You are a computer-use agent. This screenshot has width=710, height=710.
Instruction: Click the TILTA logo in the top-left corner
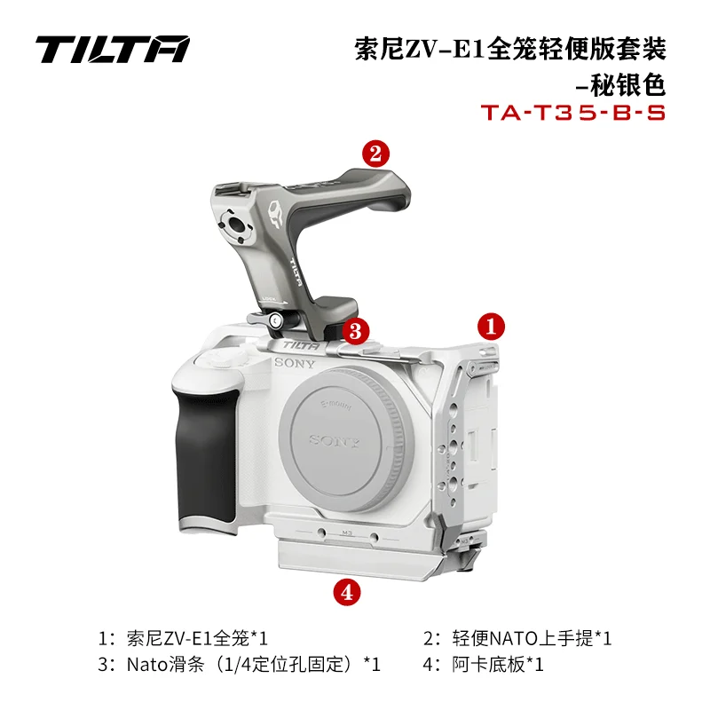(x=112, y=49)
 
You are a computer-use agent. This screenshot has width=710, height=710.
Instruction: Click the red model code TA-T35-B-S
(x=572, y=114)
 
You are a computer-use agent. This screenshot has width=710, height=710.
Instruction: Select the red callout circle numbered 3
(x=356, y=332)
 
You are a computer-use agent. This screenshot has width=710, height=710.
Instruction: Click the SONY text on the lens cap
(x=334, y=440)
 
